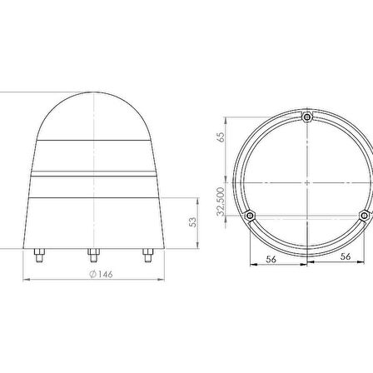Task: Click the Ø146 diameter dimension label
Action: (x=101, y=274)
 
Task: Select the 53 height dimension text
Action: (x=192, y=222)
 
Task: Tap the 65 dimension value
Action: (x=221, y=137)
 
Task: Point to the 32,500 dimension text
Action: (x=221, y=201)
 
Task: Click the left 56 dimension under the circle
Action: (x=271, y=259)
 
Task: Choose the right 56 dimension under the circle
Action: (x=346, y=256)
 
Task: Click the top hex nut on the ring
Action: (x=307, y=117)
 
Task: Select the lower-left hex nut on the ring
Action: (x=250, y=216)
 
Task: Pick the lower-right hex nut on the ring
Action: (x=365, y=216)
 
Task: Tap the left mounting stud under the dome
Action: (x=39, y=256)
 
